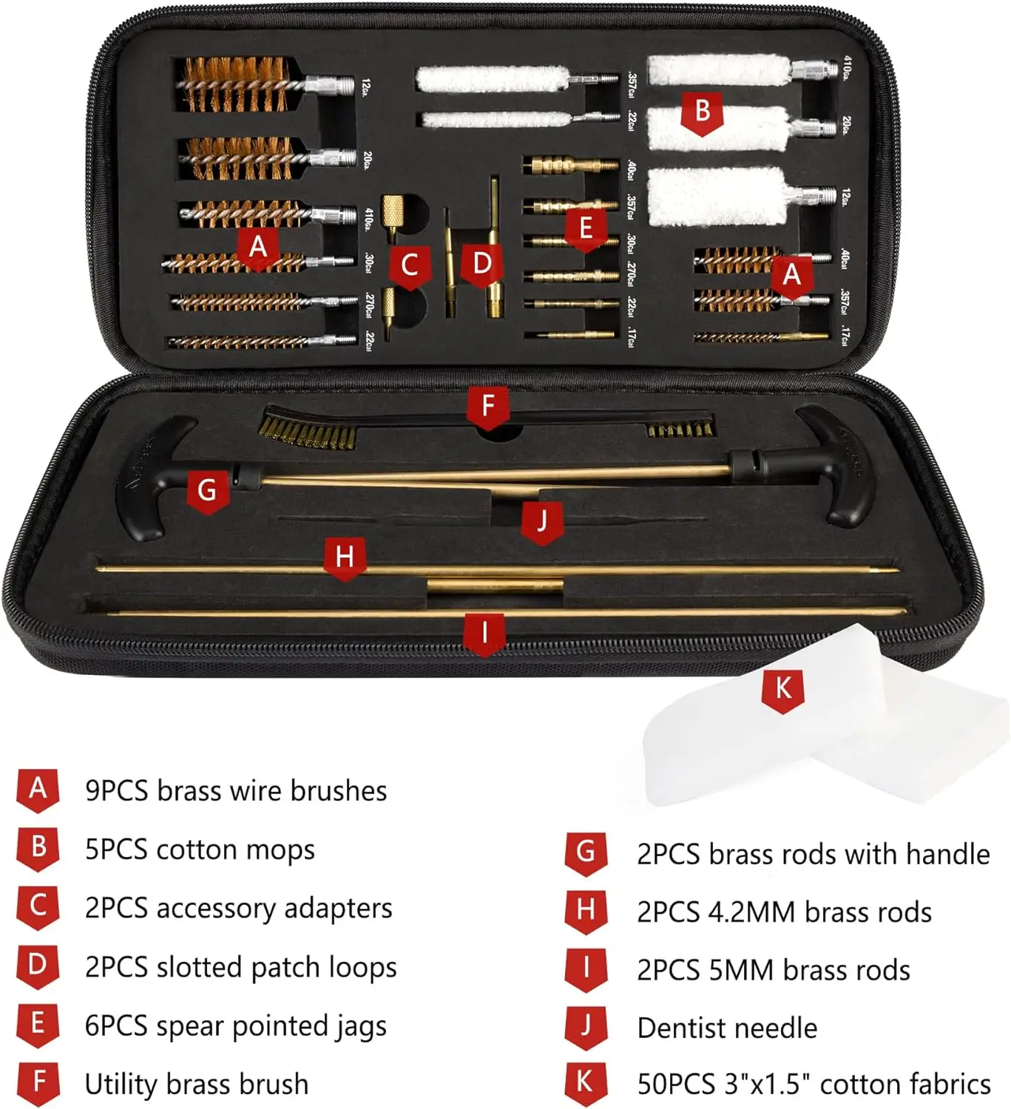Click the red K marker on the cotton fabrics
pos(782,690)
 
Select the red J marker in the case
pos(542,522)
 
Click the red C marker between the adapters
pos(409,267)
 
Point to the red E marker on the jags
pos(586,229)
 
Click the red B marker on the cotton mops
pos(702,112)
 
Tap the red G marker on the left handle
pos(207,491)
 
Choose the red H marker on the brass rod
pos(345,557)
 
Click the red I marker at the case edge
pos(484,634)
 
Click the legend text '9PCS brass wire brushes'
pos(236,791)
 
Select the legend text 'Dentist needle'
pos(727,1028)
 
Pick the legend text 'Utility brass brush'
pos(197,1085)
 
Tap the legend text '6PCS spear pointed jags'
pos(236,1026)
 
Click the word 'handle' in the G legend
pos(947,855)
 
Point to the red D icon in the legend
pos(38,966)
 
